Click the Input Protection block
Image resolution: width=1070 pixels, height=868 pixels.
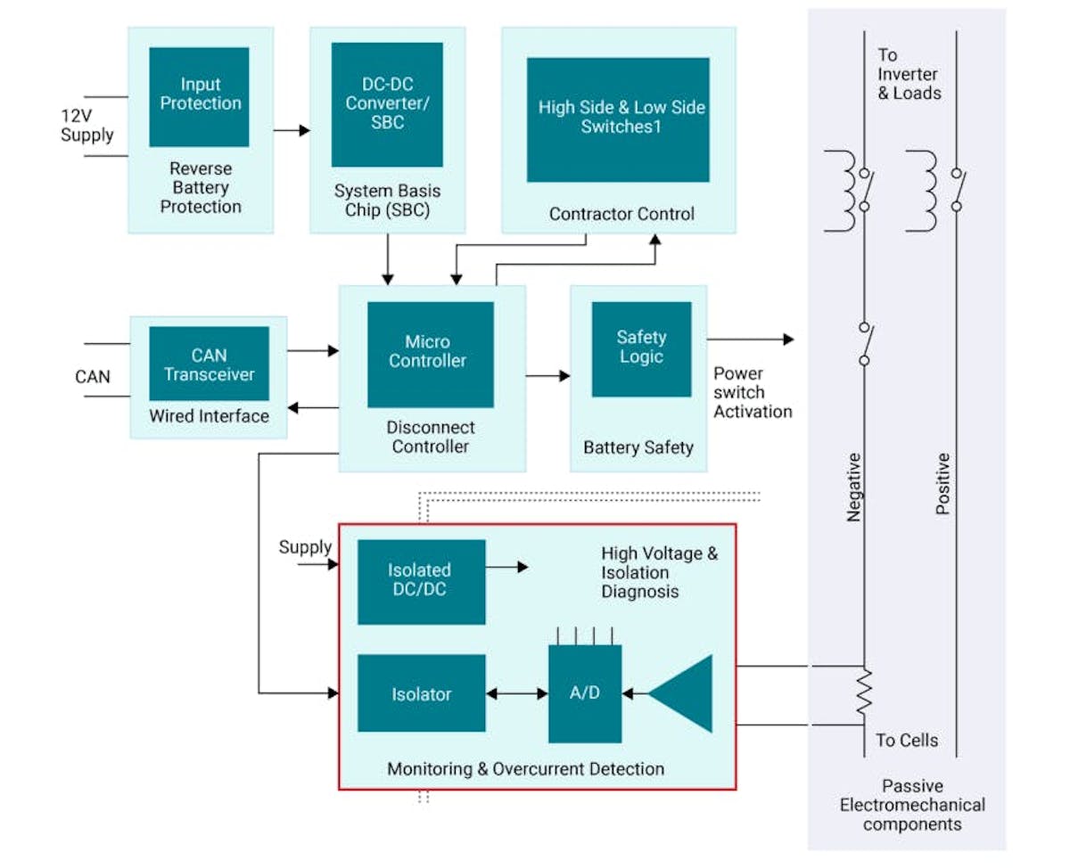(199, 96)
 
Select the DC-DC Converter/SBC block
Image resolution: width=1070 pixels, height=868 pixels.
(387, 104)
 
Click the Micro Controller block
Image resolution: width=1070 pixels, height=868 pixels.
(430, 354)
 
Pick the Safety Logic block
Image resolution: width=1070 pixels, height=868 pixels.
(641, 348)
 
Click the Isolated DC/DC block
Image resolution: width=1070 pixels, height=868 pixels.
(421, 581)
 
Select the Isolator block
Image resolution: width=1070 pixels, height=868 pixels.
(421, 694)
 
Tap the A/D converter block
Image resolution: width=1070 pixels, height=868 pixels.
(584, 693)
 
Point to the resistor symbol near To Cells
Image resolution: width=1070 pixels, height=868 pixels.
(863, 694)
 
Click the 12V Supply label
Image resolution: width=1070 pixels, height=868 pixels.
(86, 126)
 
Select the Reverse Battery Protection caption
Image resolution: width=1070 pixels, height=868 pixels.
(201, 188)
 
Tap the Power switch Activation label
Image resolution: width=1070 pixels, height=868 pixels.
(752, 392)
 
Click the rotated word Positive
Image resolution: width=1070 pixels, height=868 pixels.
(942, 483)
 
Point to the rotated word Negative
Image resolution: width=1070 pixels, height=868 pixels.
(853, 487)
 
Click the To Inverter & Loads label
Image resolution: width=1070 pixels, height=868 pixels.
(909, 74)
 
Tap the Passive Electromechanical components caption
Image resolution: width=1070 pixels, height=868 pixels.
(911, 806)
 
